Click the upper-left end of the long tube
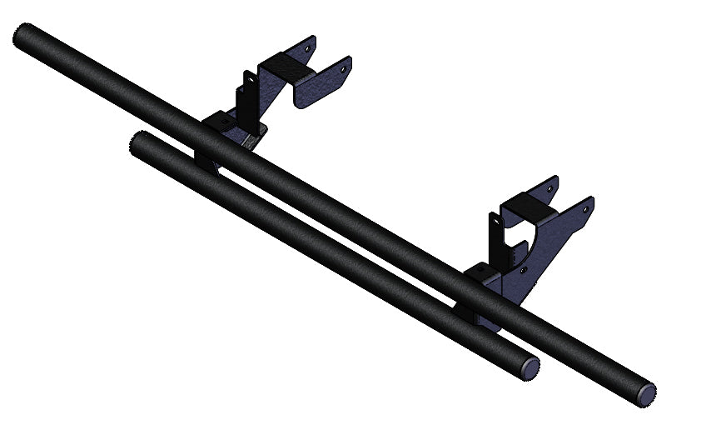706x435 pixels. coord(23,37)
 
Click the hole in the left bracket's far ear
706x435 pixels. coord(310,47)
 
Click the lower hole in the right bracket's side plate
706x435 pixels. coord(523,270)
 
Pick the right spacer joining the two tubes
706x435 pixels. coord(466,313)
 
